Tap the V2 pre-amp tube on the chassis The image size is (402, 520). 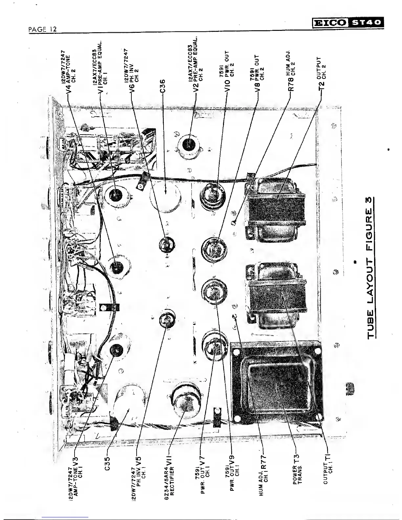coord(190,143)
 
